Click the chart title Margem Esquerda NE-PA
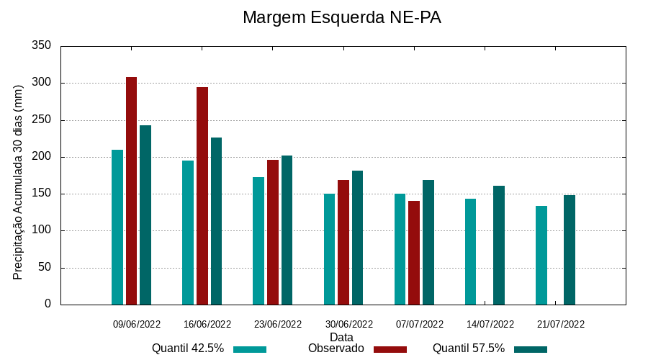(x=341, y=17)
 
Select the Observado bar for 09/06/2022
(x=131, y=191)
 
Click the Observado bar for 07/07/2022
(x=414, y=253)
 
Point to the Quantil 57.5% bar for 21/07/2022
(x=570, y=250)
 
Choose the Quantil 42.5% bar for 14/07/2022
(x=471, y=251)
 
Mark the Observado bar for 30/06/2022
(x=343, y=242)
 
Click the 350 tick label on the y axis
(x=42, y=46)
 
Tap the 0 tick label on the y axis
(x=48, y=305)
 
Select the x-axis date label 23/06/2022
(x=278, y=324)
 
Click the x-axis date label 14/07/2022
(x=490, y=324)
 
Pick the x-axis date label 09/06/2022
(x=137, y=324)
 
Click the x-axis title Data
(x=341, y=337)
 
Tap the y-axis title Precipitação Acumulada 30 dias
(x=19, y=182)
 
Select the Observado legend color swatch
(x=390, y=349)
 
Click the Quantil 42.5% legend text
(x=188, y=348)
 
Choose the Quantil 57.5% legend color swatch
(x=531, y=349)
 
